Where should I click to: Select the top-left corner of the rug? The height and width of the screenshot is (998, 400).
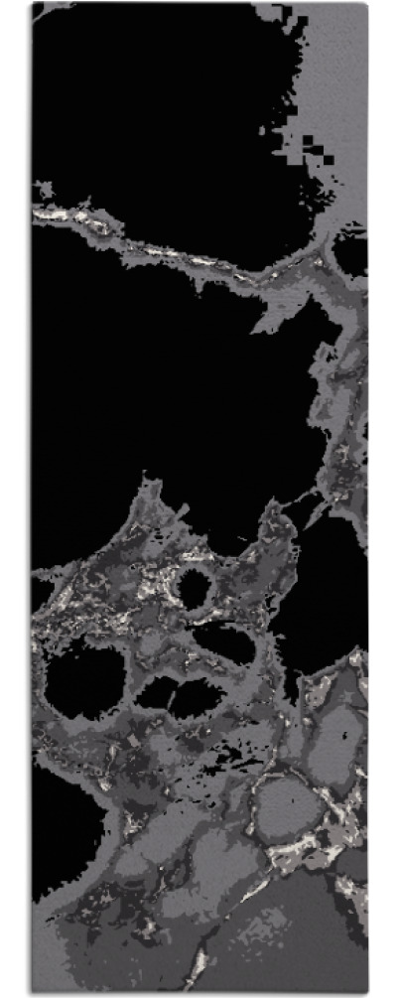(33, 4)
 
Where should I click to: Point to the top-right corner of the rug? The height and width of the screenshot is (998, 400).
(368, 4)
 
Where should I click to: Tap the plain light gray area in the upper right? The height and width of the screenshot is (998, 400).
(342, 79)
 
